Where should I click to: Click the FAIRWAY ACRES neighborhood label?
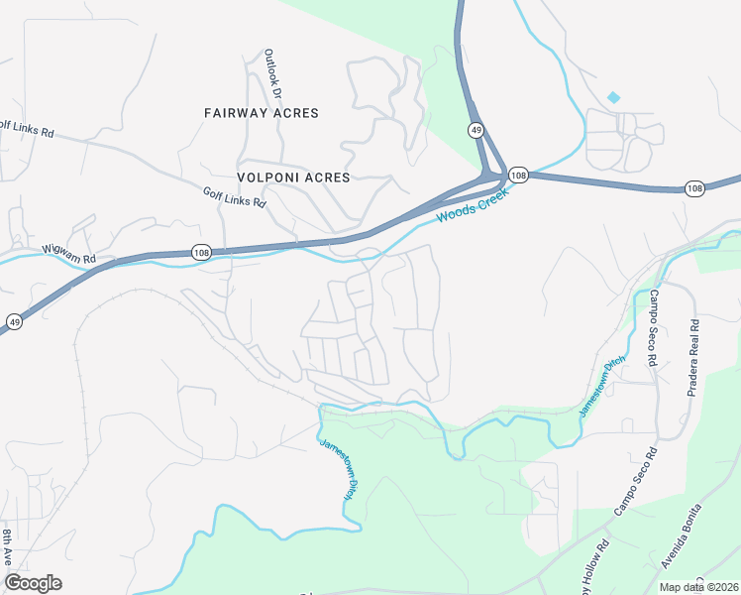point(262,113)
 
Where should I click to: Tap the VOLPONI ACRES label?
point(294,178)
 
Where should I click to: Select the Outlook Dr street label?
point(272,74)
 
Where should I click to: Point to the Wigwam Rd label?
point(68,254)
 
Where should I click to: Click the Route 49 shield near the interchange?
point(476,130)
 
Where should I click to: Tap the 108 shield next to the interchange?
point(518,175)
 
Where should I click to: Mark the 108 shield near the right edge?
point(694,187)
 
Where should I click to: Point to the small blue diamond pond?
point(613,97)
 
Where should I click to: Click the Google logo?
point(33,583)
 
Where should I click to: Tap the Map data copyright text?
point(697,587)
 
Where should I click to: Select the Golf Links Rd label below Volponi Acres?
point(235,198)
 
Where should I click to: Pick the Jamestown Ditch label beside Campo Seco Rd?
point(602,386)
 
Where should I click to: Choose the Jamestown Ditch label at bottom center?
point(337,469)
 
